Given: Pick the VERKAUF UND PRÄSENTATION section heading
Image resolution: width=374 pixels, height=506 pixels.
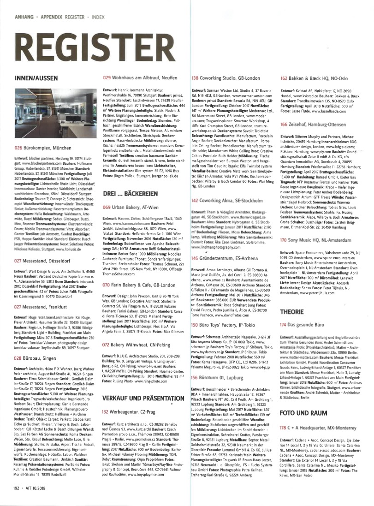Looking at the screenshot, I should (x=136, y=397).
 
